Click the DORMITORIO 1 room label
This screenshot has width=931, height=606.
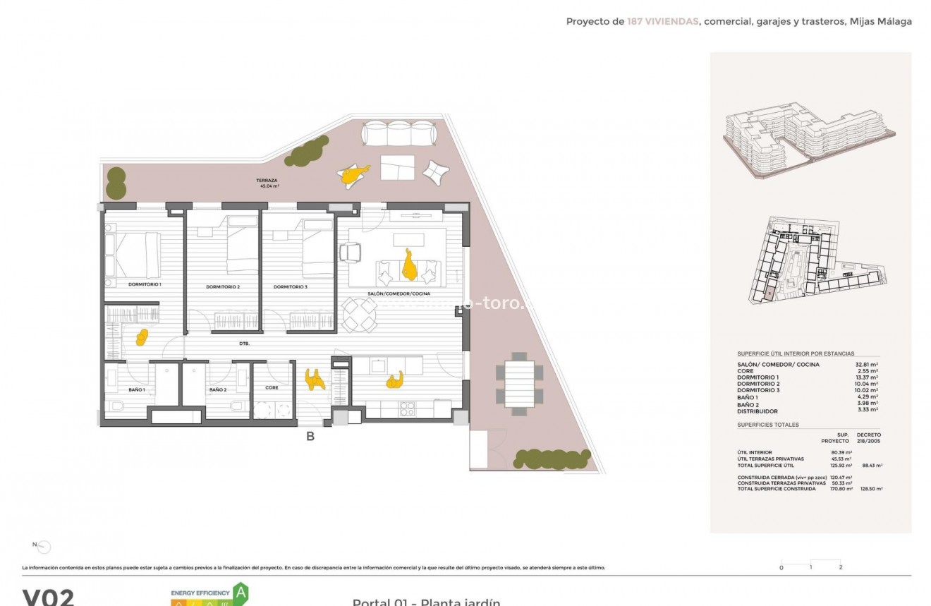point(145,284)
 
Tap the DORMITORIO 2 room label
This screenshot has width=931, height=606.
point(223,287)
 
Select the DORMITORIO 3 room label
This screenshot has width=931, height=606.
point(291,286)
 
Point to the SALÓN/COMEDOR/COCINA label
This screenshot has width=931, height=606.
point(398,293)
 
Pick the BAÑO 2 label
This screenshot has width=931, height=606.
point(217,389)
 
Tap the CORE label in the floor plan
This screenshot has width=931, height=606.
point(272,387)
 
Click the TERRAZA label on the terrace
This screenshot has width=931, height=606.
point(267,181)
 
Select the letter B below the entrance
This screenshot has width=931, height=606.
point(310,436)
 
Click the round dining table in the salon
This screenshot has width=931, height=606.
point(360,314)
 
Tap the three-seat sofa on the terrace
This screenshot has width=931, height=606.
point(399,133)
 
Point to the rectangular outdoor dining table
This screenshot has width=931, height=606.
point(519,384)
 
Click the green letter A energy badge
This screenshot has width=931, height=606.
point(241,591)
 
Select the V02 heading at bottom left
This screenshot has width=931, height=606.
point(48,598)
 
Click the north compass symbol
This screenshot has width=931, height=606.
point(43,546)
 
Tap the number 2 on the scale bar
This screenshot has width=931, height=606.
point(841,567)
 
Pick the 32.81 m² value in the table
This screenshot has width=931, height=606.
point(866,365)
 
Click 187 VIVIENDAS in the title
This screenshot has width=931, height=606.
point(663,21)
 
